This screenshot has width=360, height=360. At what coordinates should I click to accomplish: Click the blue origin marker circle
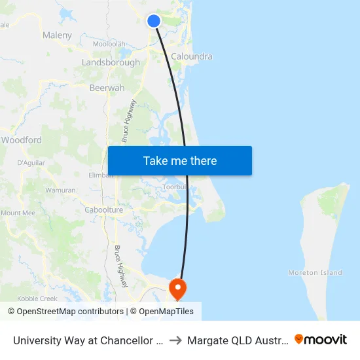(x=154, y=21)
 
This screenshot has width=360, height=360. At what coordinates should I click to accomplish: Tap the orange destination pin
(x=177, y=288)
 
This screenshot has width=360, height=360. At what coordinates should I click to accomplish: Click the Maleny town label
(x=57, y=35)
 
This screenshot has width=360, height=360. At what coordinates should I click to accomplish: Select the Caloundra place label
(x=192, y=57)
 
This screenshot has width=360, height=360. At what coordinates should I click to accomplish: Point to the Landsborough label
(x=111, y=63)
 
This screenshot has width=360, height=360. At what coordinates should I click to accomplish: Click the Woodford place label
(x=22, y=140)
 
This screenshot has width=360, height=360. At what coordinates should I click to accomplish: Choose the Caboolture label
(x=104, y=210)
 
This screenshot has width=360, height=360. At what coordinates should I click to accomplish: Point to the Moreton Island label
(x=315, y=273)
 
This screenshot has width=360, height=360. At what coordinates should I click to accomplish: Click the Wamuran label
(x=61, y=190)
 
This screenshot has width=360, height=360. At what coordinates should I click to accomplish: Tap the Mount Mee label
(x=18, y=213)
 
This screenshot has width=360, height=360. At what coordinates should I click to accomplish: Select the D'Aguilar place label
(x=30, y=162)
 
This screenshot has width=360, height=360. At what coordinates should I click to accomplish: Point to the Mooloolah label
(x=109, y=45)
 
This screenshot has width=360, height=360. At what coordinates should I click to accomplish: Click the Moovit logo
(x=321, y=339)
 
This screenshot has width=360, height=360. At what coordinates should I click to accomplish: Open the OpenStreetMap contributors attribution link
(x=65, y=312)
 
